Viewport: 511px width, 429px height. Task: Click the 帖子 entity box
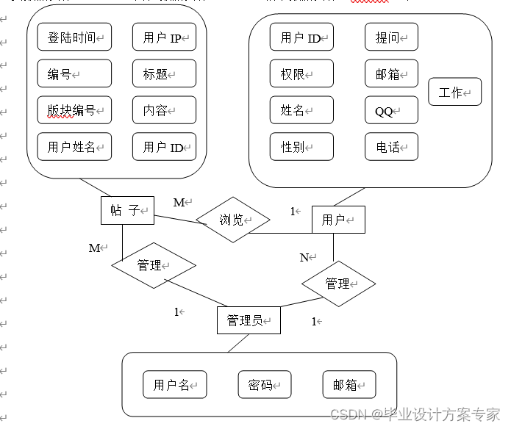click(126, 210)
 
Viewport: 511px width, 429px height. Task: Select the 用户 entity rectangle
click(338, 220)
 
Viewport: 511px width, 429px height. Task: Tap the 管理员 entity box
click(249, 320)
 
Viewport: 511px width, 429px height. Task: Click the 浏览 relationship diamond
click(232, 219)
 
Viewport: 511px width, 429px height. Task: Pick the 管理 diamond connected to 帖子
click(154, 265)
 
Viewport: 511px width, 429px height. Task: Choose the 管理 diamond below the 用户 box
click(339, 283)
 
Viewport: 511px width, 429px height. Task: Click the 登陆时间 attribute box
click(74, 37)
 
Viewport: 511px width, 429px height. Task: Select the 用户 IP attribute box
click(164, 37)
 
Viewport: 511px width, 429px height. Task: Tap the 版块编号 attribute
click(74, 110)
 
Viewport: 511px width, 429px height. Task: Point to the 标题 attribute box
click(164, 73)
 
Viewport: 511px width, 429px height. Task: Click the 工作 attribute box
click(454, 93)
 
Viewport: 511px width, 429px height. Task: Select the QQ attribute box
click(391, 111)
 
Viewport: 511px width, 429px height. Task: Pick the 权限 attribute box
click(301, 73)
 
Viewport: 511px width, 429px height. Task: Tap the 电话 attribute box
click(391, 147)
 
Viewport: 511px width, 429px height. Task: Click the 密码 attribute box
click(264, 385)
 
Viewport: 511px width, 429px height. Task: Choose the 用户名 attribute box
click(174, 385)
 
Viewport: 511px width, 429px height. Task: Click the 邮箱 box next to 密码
click(349, 385)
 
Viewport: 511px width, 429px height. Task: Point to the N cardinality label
click(304, 257)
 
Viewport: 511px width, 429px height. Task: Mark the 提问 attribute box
click(391, 37)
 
